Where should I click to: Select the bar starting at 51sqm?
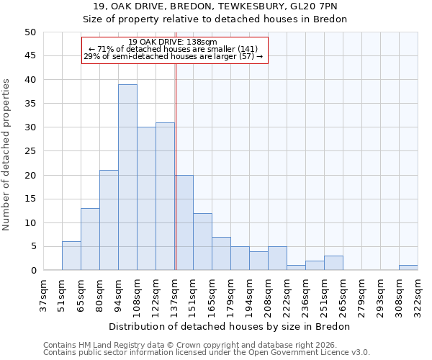[x=71, y=256]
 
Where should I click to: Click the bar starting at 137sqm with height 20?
[x=184, y=222]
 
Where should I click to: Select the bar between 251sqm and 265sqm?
[x=333, y=264]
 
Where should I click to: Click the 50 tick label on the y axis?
[x=30, y=32]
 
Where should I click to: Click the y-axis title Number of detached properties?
[x=6, y=155]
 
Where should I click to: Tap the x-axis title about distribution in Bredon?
[x=230, y=326]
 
